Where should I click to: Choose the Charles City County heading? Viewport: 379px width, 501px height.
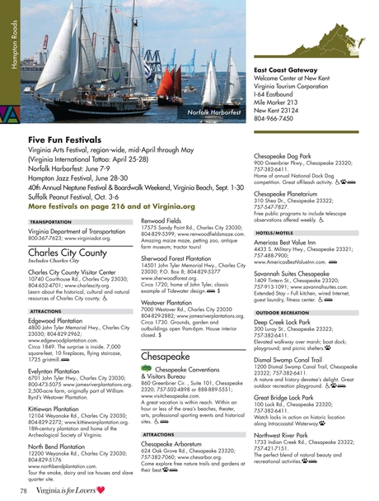coord(68,253)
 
